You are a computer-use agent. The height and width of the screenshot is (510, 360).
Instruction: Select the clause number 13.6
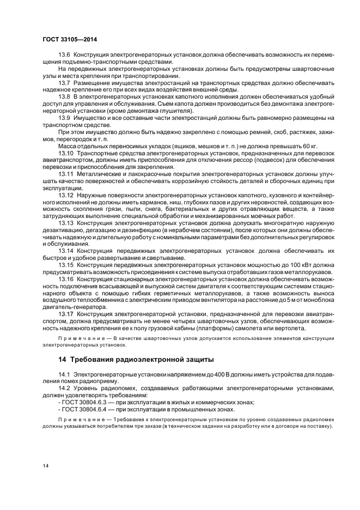pyautogui.click(x=64, y=55)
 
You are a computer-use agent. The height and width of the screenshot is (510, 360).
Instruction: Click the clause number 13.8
pyautogui.click(x=64, y=95)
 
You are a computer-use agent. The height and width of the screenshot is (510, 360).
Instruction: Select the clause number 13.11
pyautogui.click(x=66, y=173)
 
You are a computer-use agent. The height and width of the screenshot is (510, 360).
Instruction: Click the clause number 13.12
pyautogui.click(x=66, y=195)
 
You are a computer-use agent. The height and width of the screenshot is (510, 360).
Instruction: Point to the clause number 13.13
pyautogui.click(x=66, y=223)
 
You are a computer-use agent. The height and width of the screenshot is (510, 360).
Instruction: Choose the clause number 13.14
pyautogui.click(x=66, y=251)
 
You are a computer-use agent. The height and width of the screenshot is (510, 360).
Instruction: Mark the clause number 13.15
pyautogui.click(x=66, y=265)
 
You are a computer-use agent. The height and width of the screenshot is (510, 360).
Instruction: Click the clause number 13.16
pyautogui.click(x=66, y=278)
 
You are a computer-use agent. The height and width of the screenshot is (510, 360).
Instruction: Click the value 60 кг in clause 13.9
pyautogui.click(x=310, y=145)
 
